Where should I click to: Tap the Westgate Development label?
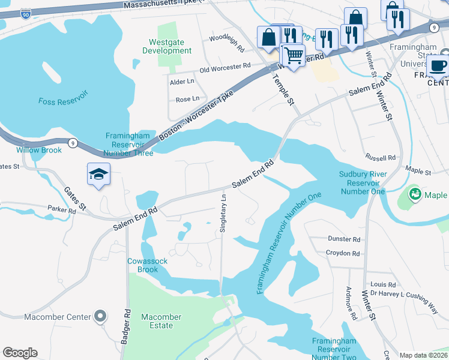tap(167, 47)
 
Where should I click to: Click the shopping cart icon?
tap(293, 56)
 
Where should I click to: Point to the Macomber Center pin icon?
tap(100, 316)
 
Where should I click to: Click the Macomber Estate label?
tap(161, 321)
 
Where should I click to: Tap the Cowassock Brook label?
tap(142, 265)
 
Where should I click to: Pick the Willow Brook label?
tap(39, 150)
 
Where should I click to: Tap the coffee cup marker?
tap(438, 66)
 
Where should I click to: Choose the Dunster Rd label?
tap(344, 239)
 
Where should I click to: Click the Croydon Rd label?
tap(343, 253)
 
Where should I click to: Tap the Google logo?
tap(20, 353)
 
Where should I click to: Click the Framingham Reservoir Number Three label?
tap(130, 145)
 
